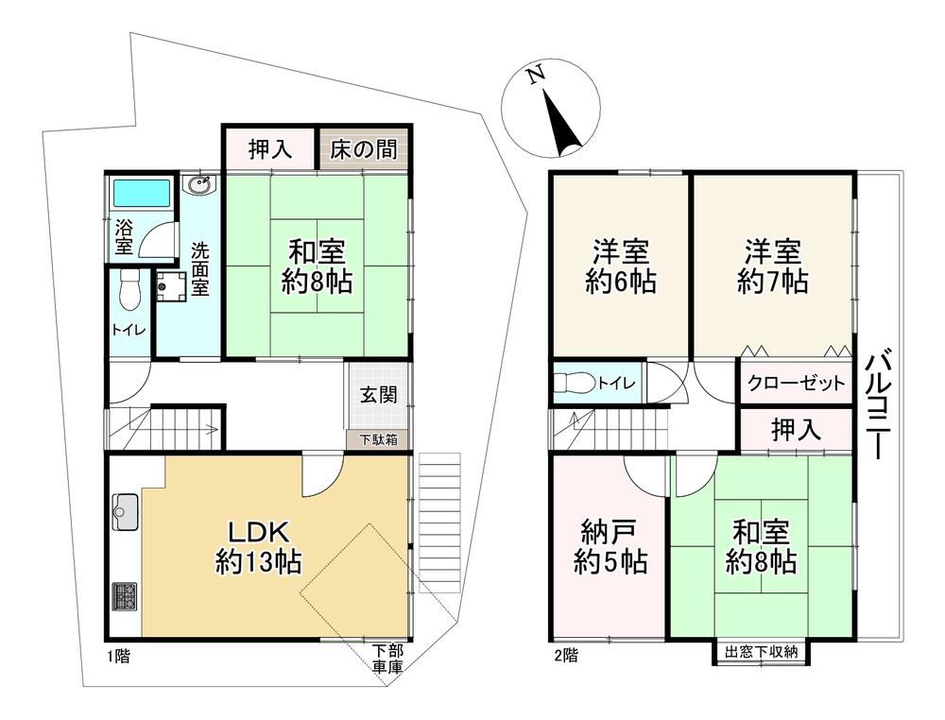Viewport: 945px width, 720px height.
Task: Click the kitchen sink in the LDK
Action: point(126,511)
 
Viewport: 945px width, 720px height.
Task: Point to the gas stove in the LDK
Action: point(124,596)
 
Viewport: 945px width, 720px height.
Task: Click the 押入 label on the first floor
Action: point(270,149)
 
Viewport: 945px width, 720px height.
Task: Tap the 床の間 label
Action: point(364,149)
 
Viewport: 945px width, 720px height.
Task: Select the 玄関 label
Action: point(379,395)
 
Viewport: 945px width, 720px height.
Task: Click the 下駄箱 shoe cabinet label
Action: point(379,439)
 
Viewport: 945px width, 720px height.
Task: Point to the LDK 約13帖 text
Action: point(259,547)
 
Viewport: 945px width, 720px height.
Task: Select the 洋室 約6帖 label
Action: point(621,266)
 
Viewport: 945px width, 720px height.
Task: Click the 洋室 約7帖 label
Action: point(773,266)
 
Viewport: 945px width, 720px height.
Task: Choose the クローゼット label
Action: point(796,383)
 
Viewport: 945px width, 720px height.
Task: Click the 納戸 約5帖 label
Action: point(610,546)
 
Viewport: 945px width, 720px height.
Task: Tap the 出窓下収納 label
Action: point(761,652)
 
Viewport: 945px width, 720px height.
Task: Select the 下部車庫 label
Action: point(387,659)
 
